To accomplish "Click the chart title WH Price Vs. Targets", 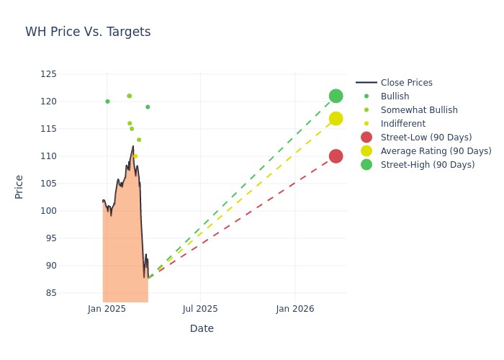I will pyautogui.click(x=88, y=32).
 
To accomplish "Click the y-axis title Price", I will pyautogui.click(x=19, y=187).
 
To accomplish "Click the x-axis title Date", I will pyautogui.click(x=202, y=328).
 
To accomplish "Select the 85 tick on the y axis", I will pyautogui.click(x=50, y=293).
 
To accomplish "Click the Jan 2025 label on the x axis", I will pyautogui.click(x=107, y=309).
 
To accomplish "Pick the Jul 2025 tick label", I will pyautogui.click(x=200, y=309).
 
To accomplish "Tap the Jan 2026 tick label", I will pyautogui.click(x=294, y=309).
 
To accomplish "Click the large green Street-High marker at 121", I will pyautogui.click(x=336, y=96).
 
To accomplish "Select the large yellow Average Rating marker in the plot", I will pyautogui.click(x=336, y=119).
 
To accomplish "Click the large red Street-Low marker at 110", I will pyautogui.click(x=336, y=156).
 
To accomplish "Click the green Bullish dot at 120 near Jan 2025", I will pyautogui.click(x=107, y=102).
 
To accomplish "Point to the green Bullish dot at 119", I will pyautogui.click(x=148, y=107).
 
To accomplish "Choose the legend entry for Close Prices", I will pyautogui.click(x=406, y=83).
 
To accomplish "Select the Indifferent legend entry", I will pyautogui.click(x=402, y=124).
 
